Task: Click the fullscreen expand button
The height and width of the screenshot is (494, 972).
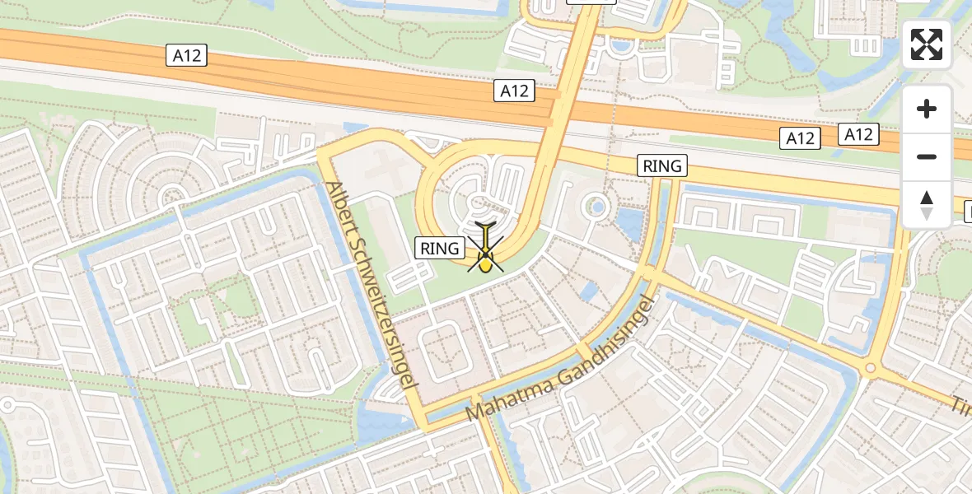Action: pyautogui.click(x=927, y=44)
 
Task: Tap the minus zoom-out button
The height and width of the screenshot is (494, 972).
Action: pyautogui.click(x=927, y=156)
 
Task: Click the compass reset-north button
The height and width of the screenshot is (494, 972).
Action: pyautogui.click(x=927, y=205)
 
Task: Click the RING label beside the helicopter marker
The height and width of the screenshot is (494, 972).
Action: pyautogui.click(x=439, y=248)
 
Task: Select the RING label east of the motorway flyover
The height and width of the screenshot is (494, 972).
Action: pyautogui.click(x=663, y=166)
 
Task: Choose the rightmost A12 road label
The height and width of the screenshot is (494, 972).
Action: pyautogui.click(x=858, y=133)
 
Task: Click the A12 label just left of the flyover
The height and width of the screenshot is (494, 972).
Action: pyautogui.click(x=514, y=91)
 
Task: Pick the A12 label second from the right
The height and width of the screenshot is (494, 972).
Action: pyautogui.click(x=800, y=138)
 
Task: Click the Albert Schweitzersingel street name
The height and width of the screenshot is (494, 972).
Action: pyautogui.click(x=373, y=284)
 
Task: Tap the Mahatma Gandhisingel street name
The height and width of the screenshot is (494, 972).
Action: pyautogui.click(x=564, y=359)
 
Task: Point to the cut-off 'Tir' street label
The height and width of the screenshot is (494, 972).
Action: pyautogui.click(x=961, y=406)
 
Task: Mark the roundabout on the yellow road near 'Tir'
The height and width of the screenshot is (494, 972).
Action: pyautogui.click(x=870, y=369)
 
